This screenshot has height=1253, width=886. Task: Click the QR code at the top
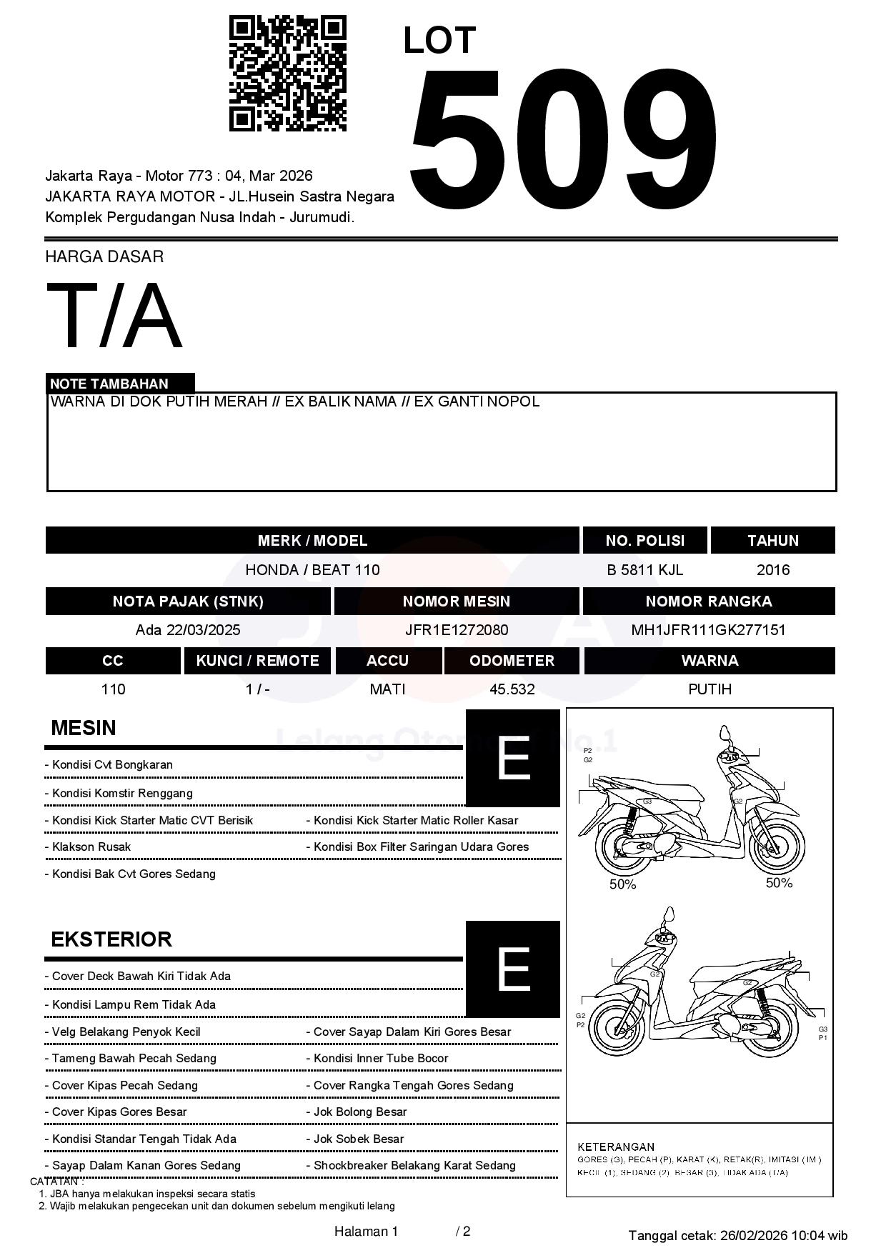[287, 74]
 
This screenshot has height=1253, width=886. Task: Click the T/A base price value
[114, 316]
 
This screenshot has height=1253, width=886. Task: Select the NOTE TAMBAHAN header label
[109, 384]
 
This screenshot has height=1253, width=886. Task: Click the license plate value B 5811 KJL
[644, 570]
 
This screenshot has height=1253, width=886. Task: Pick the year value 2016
[773, 570]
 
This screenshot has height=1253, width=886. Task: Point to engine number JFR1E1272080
[457, 630]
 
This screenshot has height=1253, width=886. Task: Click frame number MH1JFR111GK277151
[708, 630]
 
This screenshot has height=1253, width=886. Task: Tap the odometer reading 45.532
[512, 689]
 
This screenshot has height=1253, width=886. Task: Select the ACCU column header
[387, 661]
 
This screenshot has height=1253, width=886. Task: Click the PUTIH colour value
[710, 689]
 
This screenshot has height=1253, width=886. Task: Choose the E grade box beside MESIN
[512, 758]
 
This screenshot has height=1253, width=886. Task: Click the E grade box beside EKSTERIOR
[512, 969]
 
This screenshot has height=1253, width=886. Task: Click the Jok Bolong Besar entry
[360, 1112]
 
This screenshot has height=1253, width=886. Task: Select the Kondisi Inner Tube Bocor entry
[381, 1059]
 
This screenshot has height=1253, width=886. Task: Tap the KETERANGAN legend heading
[616, 1147]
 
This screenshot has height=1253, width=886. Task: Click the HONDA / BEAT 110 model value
[312, 570]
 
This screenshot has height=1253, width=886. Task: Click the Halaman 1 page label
[366, 1232]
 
